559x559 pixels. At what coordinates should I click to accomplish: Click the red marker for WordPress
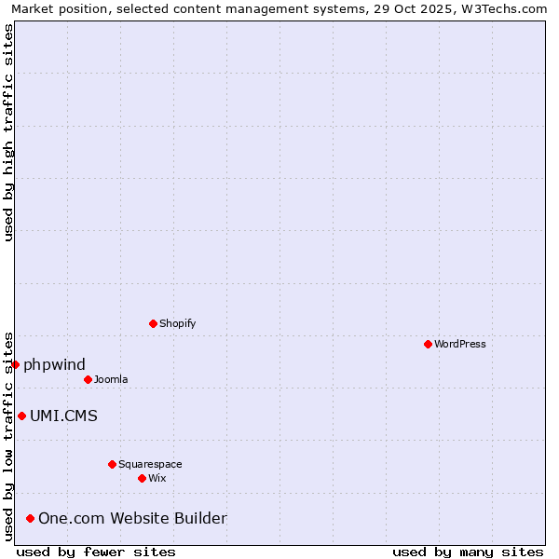tap(428, 344)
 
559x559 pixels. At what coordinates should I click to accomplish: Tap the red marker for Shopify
tap(153, 323)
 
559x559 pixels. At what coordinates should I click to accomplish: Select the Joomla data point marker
tap(88, 379)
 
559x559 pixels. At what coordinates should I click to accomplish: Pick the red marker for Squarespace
tap(112, 464)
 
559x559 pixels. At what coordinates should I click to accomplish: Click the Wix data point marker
tap(142, 478)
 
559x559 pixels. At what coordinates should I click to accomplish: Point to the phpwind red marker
tap(16, 364)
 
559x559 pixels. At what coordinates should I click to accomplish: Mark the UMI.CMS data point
tap(21, 416)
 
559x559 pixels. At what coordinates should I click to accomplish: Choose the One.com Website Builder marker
tap(30, 518)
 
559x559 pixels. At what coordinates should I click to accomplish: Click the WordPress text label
tap(460, 344)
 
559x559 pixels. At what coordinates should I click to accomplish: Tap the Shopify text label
tap(177, 323)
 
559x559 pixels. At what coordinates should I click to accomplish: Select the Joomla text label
tap(111, 379)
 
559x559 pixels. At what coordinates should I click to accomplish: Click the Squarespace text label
tap(150, 464)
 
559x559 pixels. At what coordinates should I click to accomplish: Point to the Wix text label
tap(157, 478)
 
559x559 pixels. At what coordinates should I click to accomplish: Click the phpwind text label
tap(55, 364)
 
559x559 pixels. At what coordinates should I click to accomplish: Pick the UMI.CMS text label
tap(63, 416)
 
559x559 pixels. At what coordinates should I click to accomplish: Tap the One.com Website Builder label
tap(132, 518)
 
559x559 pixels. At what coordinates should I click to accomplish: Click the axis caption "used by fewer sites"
tap(96, 552)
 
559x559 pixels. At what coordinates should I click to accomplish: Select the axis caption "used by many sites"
tap(468, 552)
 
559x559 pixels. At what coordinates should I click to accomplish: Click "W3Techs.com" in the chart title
tap(508, 8)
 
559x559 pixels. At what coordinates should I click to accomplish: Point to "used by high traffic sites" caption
tap(8, 132)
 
